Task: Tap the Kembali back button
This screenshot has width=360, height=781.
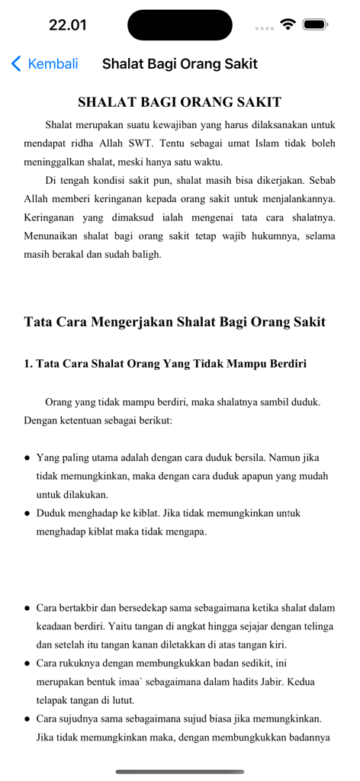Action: tap(45, 64)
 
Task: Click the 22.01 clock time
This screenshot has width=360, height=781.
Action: tap(68, 25)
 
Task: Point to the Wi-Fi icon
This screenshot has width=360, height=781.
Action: tap(288, 24)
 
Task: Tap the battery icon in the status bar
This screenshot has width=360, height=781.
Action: tap(315, 24)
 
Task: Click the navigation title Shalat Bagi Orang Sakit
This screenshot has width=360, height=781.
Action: tap(180, 64)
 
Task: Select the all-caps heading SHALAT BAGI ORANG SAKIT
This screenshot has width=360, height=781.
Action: tap(180, 102)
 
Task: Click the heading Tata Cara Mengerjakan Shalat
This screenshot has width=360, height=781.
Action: tap(175, 322)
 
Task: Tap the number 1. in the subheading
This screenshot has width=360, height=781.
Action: tap(28, 364)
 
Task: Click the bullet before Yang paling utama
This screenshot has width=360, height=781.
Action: tap(27, 458)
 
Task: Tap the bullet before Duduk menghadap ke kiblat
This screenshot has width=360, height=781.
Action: tap(27, 514)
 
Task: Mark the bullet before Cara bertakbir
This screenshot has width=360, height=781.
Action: tap(27, 609)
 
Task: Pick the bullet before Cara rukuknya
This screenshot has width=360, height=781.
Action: tap(27, 664)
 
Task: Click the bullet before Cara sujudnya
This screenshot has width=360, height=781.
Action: tap(27, 720)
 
